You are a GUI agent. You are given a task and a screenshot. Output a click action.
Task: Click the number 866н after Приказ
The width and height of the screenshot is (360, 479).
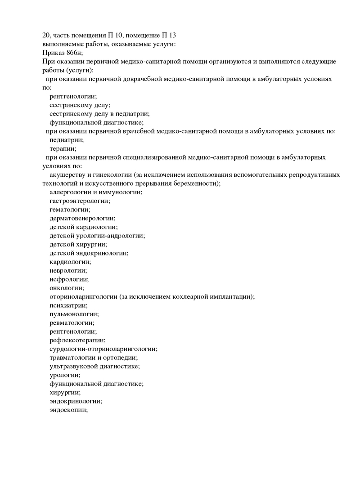pyautogui.click(x=75, y=53)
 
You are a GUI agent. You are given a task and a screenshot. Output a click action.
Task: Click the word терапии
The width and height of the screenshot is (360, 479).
pyautogui.click(x=62, y=148)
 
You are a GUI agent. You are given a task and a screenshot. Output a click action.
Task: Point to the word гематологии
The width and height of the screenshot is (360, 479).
pyautogui.click(x=69, y=209)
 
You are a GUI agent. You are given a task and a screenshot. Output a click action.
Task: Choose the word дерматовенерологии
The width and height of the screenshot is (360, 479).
pyautogui.click(x=82, y=218)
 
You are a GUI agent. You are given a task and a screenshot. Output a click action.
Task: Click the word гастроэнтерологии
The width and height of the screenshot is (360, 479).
pyautogui.click(x=79, y=201)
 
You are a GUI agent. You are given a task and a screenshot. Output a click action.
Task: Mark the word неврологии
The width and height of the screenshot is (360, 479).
pyautogui.click(x=68, y=270)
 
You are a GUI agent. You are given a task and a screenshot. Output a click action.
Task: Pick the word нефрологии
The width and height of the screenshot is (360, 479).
pyautogui.click(x=68, y=279)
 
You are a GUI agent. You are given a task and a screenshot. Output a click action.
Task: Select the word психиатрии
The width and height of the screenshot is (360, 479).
pyautogui.click(x=68, y=305)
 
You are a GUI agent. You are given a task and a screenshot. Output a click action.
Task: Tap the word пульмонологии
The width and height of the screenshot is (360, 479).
pyautogui.click(x=74, y=314)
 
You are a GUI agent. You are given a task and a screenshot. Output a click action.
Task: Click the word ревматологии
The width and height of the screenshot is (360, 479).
pyautogui.click(x=72, y=322)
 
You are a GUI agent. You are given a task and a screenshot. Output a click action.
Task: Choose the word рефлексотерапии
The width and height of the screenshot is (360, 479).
pyautogui.click(x=77, y=340)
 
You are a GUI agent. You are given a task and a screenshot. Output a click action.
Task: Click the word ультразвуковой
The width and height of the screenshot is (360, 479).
pyautogui.click(x=73, y=366)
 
